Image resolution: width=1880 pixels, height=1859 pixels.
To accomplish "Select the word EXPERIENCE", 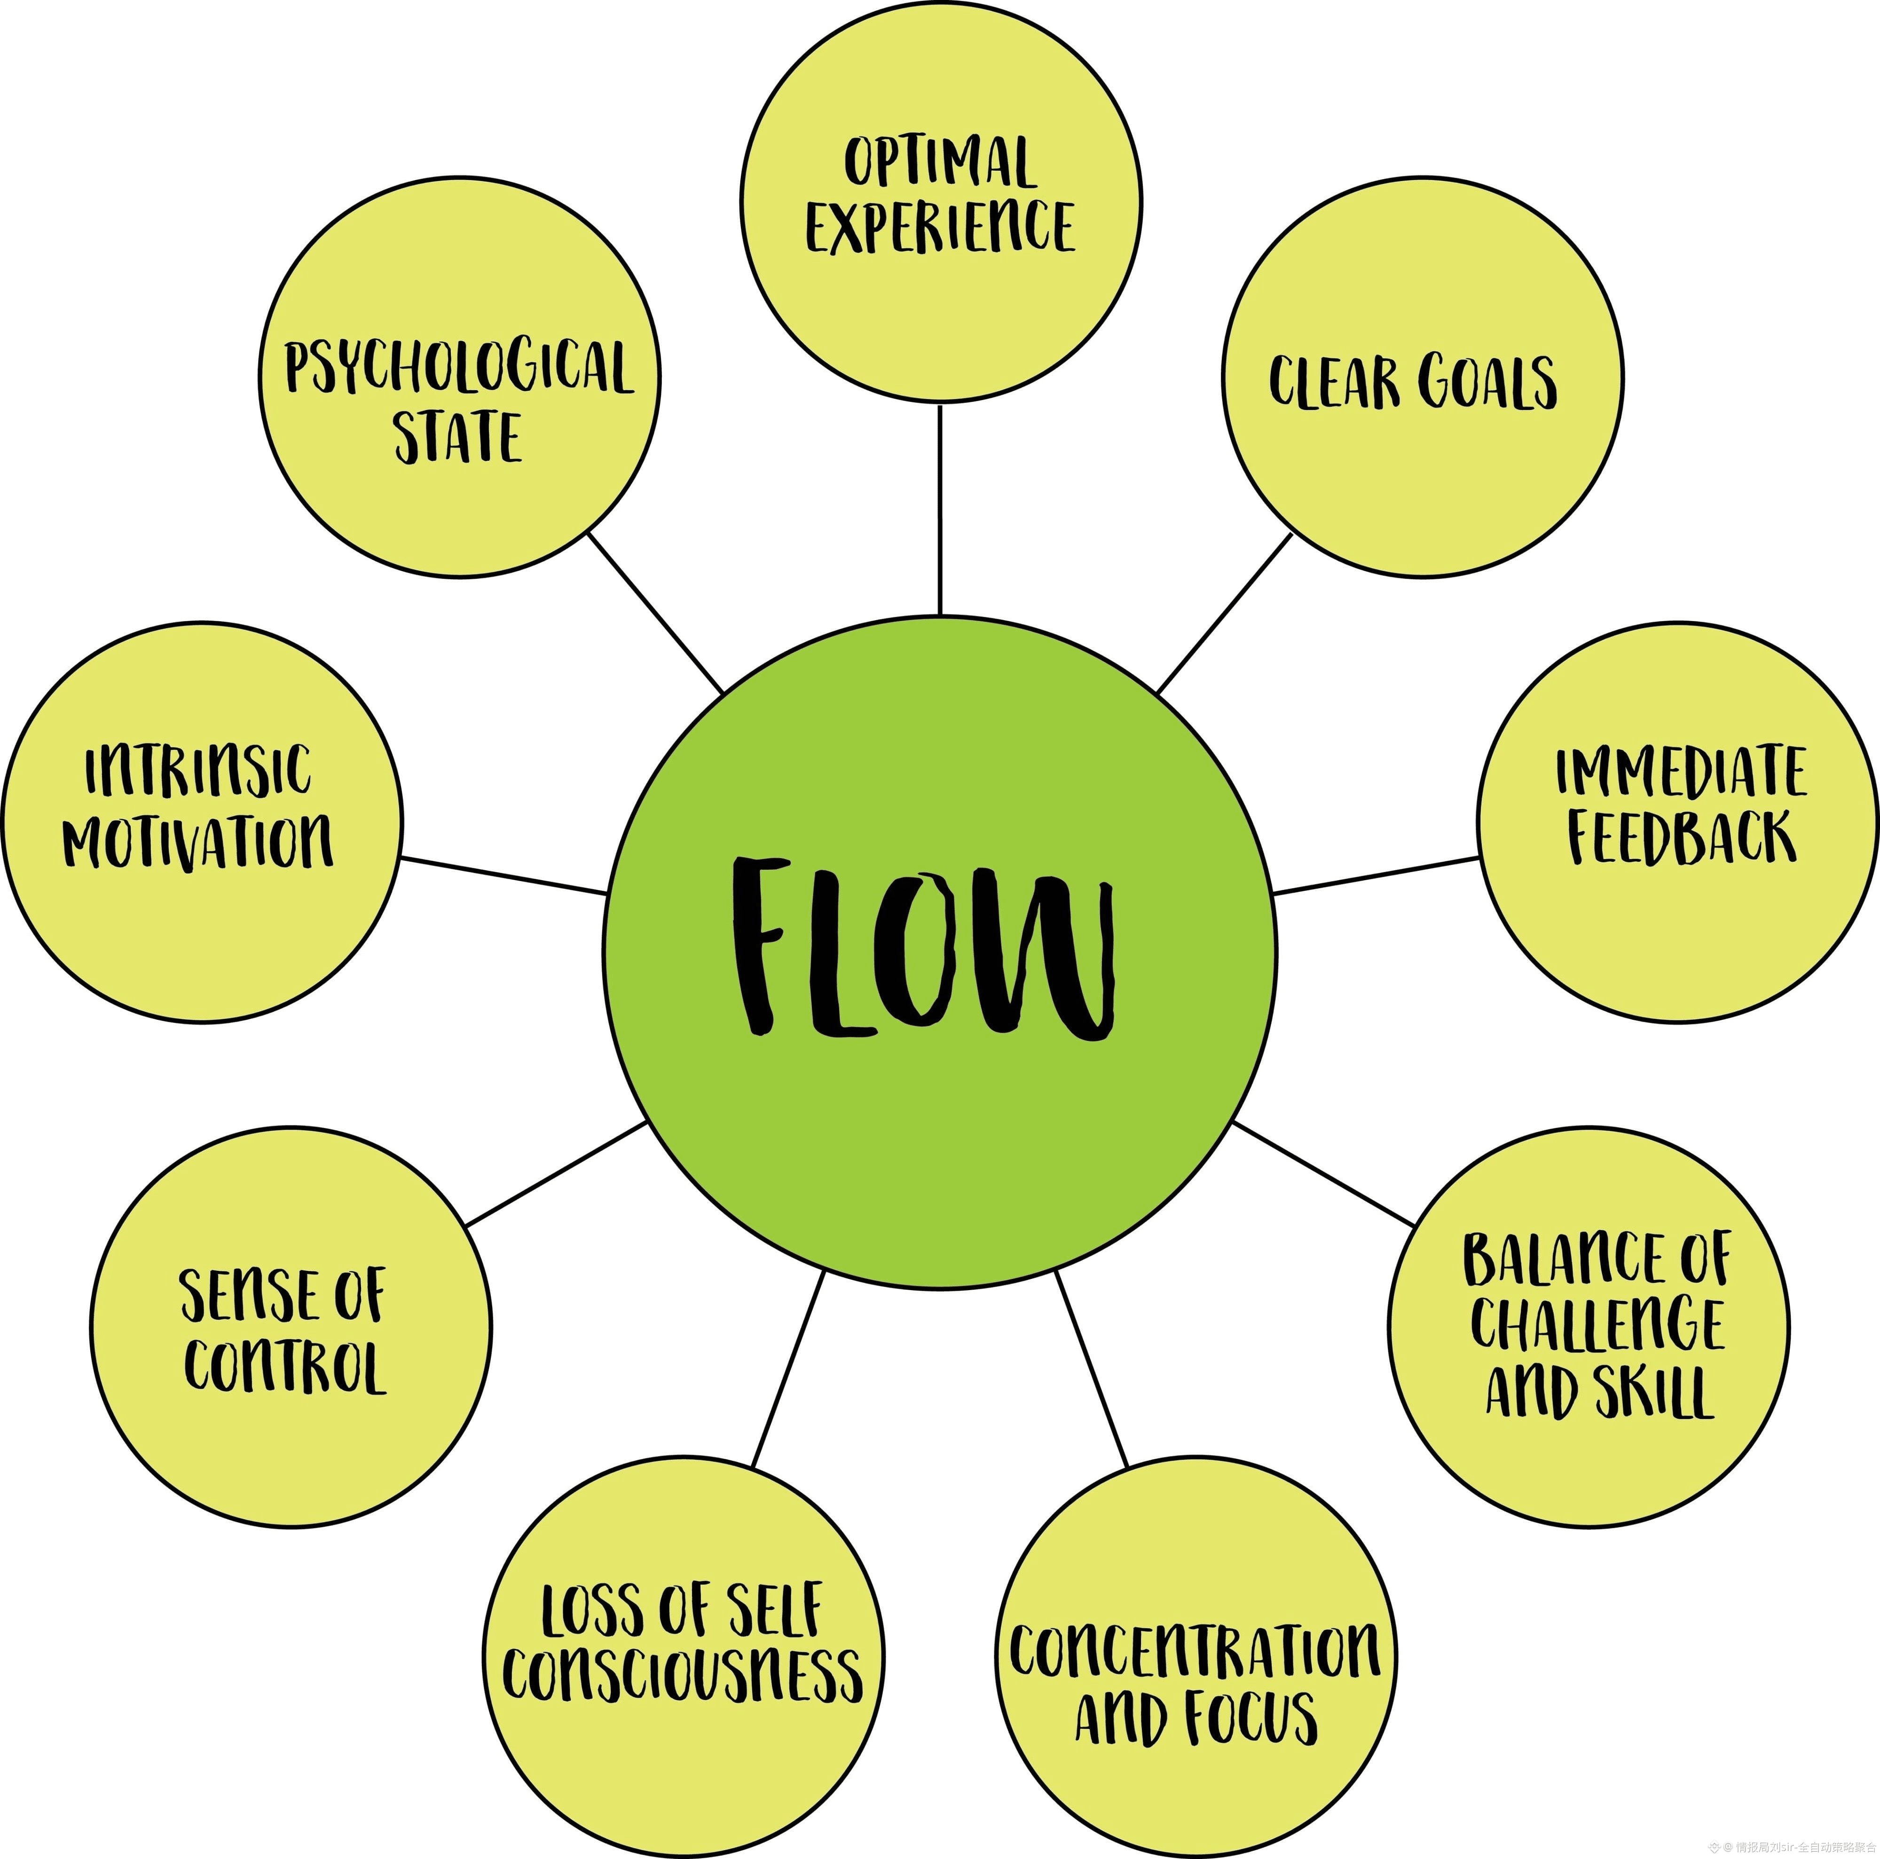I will pos(940,227).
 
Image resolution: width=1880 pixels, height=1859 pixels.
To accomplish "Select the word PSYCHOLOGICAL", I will pos(458,368).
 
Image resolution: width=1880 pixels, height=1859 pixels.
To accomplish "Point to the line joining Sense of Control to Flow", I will pos(557,1174).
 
